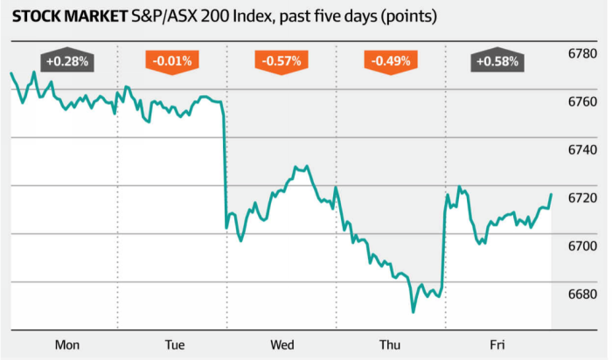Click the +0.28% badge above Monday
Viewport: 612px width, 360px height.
(66, 62)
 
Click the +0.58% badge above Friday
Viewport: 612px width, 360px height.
(497, 62)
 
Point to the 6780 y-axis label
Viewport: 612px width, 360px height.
(581, 55)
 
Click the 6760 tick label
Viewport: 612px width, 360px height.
(581, 103)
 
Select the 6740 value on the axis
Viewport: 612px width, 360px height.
(581, 151)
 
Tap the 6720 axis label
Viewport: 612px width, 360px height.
(581, 199)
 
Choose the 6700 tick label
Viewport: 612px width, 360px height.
(581, 247)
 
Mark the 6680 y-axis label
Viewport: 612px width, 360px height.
(581, 295)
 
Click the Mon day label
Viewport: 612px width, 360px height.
(66, 345)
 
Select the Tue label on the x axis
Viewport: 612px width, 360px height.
(173, 345)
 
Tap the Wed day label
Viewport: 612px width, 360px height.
(282, 345)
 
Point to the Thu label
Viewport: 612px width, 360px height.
(390, 345)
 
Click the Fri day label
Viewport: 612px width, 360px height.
(497, 345)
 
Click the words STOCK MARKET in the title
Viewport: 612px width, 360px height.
(60, 17)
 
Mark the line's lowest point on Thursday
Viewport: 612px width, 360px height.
(413, 311)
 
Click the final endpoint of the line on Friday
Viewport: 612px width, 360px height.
(552, 194)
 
